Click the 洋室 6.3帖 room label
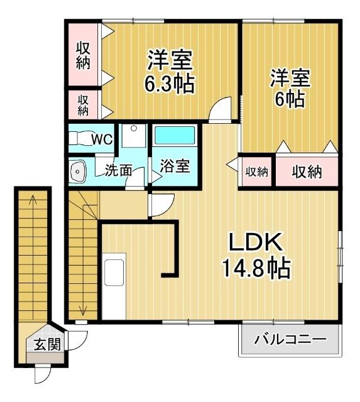point(170,72)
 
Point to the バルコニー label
point(290,340)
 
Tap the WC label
point(102,139)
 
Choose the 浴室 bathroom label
point(174,168)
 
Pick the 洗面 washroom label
point(118,170)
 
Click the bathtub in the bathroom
point(175,136)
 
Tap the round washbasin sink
point(79,171)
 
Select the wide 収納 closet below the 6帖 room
point(306,171)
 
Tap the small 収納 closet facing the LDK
point(256,171)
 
